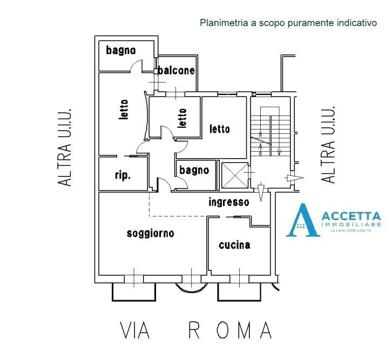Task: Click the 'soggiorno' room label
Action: coord(150,233)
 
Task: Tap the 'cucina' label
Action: coord(234,245)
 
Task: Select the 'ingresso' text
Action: coord(229,202)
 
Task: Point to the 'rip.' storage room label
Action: coord(123,175)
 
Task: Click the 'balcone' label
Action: coord(177,70)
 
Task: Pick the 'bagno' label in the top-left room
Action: coord(121,50)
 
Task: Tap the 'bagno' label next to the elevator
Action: coord(194,170)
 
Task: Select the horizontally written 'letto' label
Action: coord(220,129)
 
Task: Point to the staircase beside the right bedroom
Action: coord(268,132)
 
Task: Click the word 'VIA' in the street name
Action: coord(134,330)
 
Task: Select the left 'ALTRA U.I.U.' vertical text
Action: coord(65,147)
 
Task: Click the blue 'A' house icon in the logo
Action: coord(303,221)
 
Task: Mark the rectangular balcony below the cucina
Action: coord(239,292)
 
